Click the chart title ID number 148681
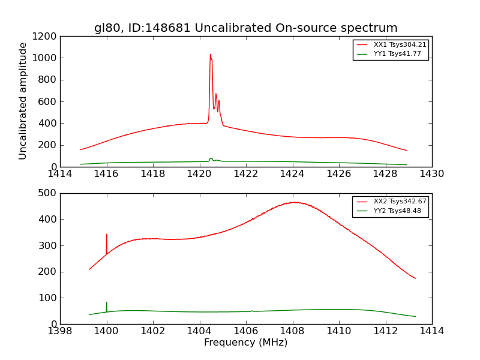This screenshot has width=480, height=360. point(170,28)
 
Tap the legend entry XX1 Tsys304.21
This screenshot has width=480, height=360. point(400,45)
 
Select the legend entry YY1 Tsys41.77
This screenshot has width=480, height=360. point(397,54)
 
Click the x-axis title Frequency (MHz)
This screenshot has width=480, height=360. point(245,343)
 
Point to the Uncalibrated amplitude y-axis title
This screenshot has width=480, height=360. point(23,101)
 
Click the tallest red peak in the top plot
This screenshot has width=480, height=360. point(210,55)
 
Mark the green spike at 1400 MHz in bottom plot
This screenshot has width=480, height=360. point(107,303)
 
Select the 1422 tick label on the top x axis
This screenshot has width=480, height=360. point(245,174)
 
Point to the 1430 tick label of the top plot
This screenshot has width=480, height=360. point(431,174)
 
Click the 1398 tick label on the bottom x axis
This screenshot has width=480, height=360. point(60,331)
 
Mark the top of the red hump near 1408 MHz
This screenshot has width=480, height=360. point(295,202)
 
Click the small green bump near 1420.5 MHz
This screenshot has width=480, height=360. point(211,158)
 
